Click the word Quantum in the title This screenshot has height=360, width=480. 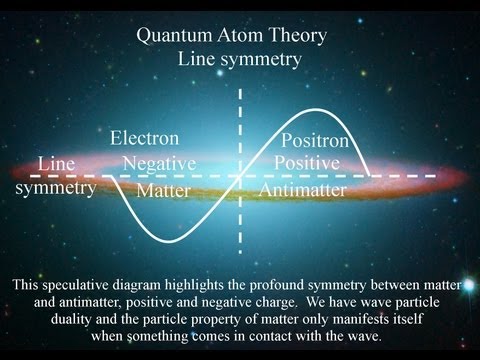[180, 38]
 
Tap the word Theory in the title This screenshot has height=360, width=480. [298, 38]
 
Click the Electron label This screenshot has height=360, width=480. [145, 138]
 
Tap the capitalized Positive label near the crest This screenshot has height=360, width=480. [308, 162]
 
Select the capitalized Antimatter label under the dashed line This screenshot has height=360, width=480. [303, 189]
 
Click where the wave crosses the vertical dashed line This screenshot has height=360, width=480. [240, 177]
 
